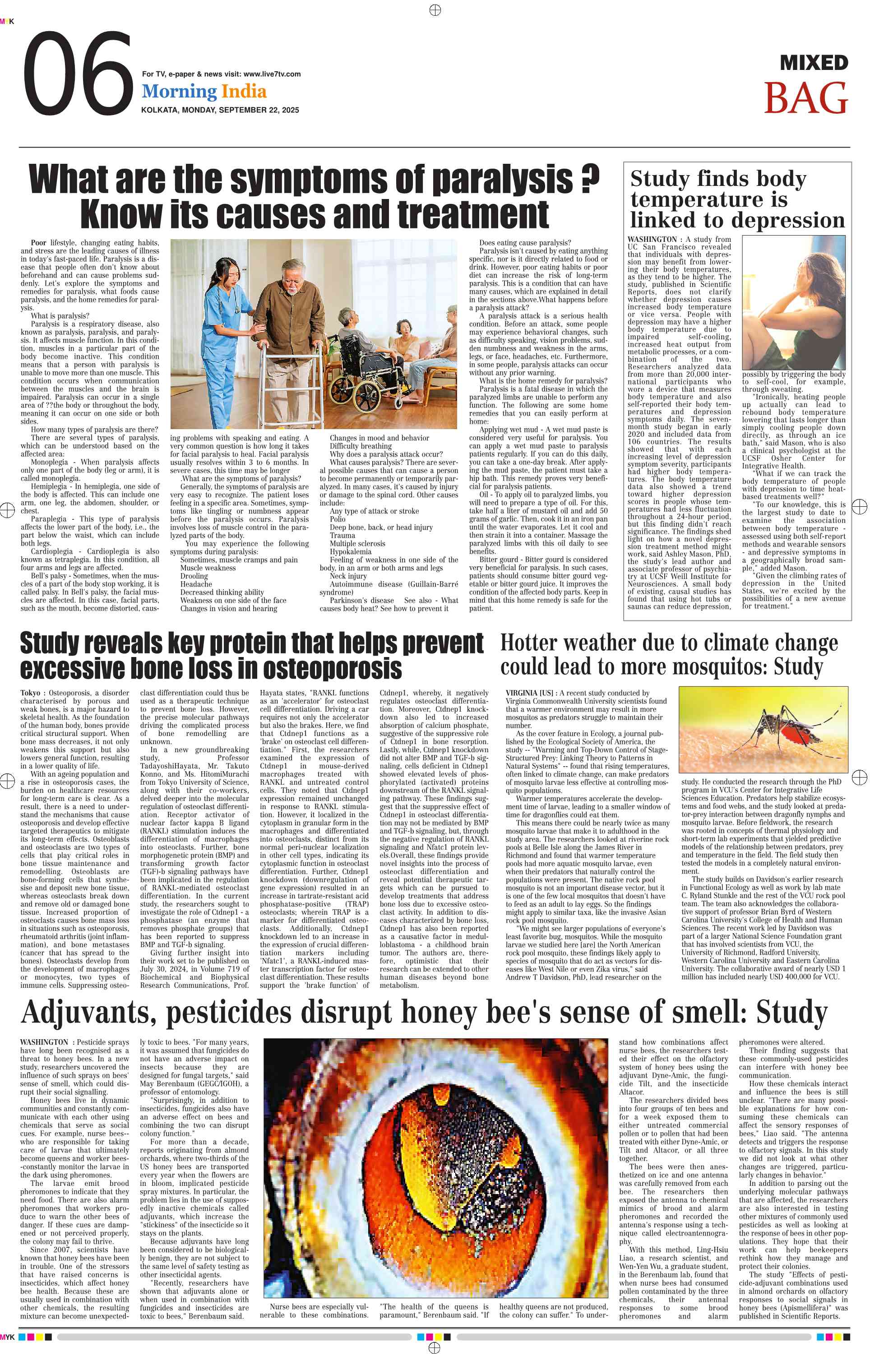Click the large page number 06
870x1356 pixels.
coord(78,74)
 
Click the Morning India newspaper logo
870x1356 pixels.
coord(204,92)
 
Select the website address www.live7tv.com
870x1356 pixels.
coord(272,74)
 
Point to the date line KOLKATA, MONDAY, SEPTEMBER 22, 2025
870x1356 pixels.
coord(220,110)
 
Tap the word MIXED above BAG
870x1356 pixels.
coord(814,63)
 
